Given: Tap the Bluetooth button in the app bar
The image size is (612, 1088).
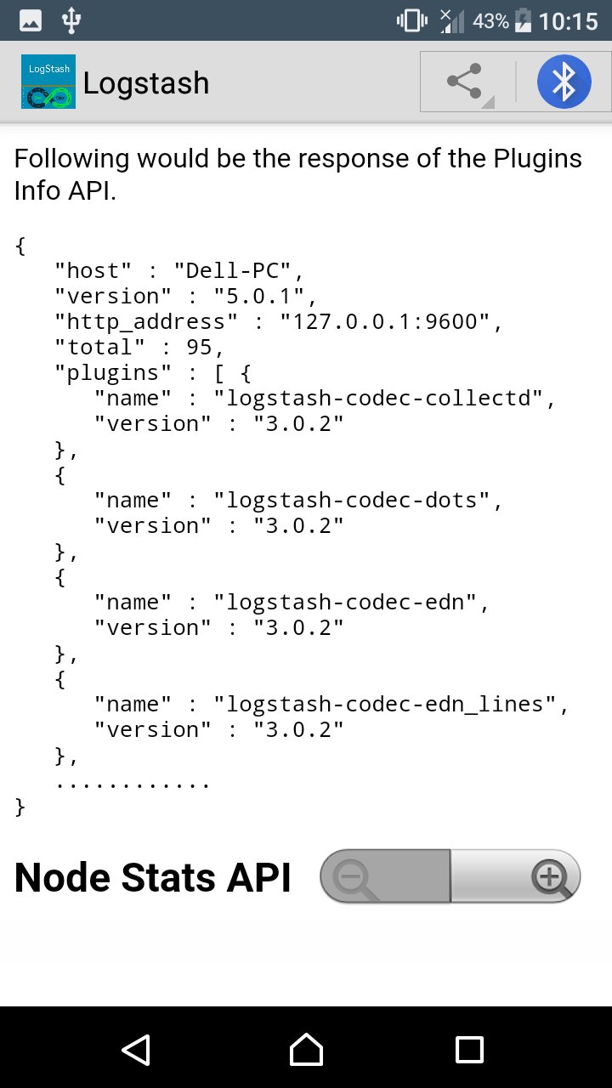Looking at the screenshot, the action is click(564, 82).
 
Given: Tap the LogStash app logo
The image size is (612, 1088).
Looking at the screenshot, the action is click(48, 82).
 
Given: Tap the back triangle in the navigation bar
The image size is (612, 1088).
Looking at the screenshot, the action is click(136, 1050).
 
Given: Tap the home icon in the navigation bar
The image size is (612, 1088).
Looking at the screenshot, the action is click(306, 1049).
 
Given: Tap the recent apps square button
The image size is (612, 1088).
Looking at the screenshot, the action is click(469, 1050).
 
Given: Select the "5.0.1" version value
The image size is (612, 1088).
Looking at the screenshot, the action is click(259, 296).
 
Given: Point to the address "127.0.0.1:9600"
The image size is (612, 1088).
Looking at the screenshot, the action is click(385, 321).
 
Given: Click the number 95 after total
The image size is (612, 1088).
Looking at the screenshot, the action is click(199, 348).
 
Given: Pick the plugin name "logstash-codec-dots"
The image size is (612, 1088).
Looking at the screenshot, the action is click(352, 501).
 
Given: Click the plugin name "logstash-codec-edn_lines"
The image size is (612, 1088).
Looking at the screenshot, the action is click(385, 705).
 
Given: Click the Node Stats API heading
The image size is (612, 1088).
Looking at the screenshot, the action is click(152, 877).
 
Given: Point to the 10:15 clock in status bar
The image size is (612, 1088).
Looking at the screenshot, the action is click(569, 21).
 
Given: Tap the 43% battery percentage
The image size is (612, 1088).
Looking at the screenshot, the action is click(490, 21).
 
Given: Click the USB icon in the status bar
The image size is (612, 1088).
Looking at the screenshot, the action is click(71, 20).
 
